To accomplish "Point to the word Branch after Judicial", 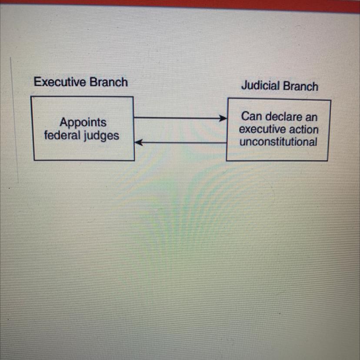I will pos(300,86).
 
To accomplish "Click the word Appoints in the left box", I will pos(83,122).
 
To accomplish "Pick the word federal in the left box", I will pos(63,135).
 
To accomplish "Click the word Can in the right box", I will pos(250,117).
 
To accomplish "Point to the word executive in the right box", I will pos(260,130).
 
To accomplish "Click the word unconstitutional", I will pos(278,142).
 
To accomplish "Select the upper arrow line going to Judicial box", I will pos(178,118).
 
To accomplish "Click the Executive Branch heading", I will pos(81,82).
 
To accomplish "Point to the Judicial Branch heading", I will pos(280,86).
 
